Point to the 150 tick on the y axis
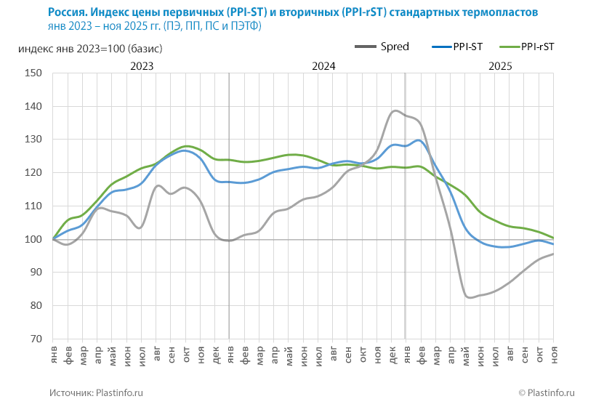33,73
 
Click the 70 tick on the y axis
36,339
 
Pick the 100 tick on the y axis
33,239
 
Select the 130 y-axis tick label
33,140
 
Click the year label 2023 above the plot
141,66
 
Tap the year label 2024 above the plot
323,66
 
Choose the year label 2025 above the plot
500,66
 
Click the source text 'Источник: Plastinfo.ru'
96,392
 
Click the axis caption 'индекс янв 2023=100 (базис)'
89,49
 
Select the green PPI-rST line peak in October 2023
187,146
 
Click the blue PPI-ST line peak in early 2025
419,140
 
